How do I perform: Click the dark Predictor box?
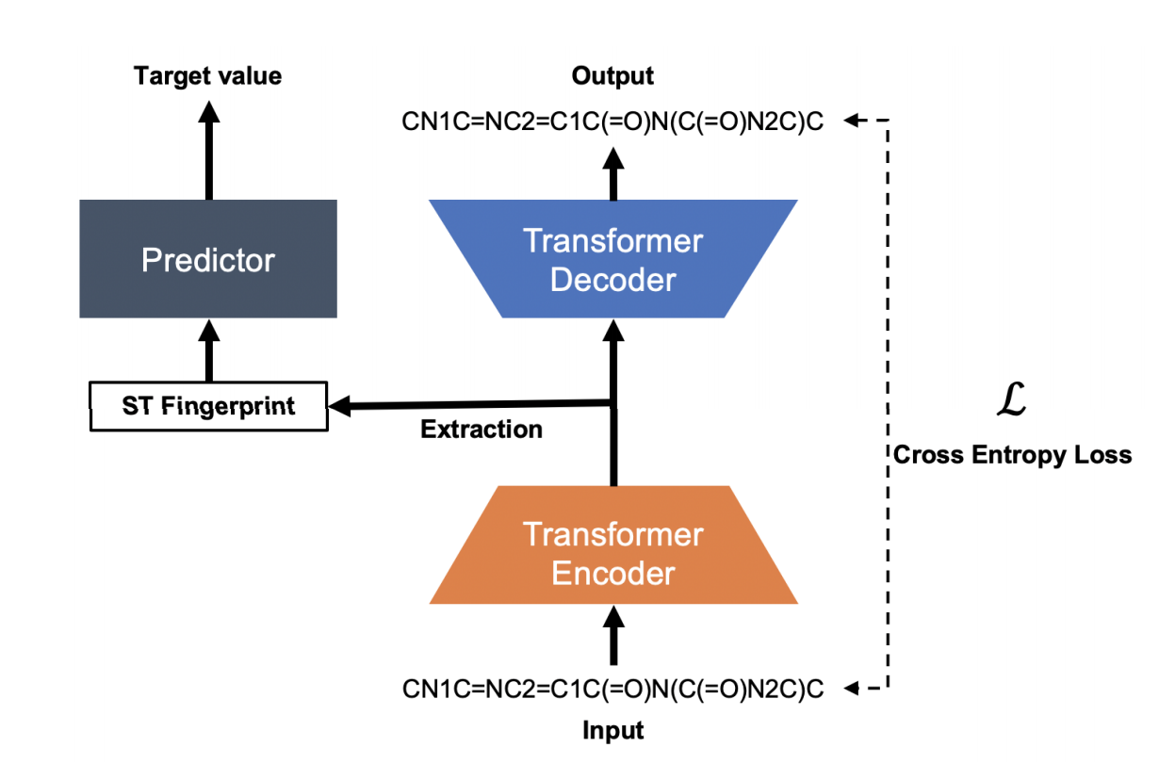(208, 259)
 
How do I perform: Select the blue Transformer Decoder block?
(613, 259)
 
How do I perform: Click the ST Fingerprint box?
(208, 406)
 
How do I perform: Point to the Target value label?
(208, 76)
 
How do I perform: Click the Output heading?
(613, 76)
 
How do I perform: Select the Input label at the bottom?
(613, 730)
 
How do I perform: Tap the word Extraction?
(482, 430)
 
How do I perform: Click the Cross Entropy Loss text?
(1012, 455)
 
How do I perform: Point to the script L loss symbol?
(1010, 400)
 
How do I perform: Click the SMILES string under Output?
(613, 122)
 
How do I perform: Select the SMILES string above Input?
(613, 690)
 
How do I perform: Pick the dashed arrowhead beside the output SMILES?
(853, 121)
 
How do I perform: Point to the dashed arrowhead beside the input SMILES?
(853, 690)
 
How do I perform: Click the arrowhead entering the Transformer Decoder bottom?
(613, 330)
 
